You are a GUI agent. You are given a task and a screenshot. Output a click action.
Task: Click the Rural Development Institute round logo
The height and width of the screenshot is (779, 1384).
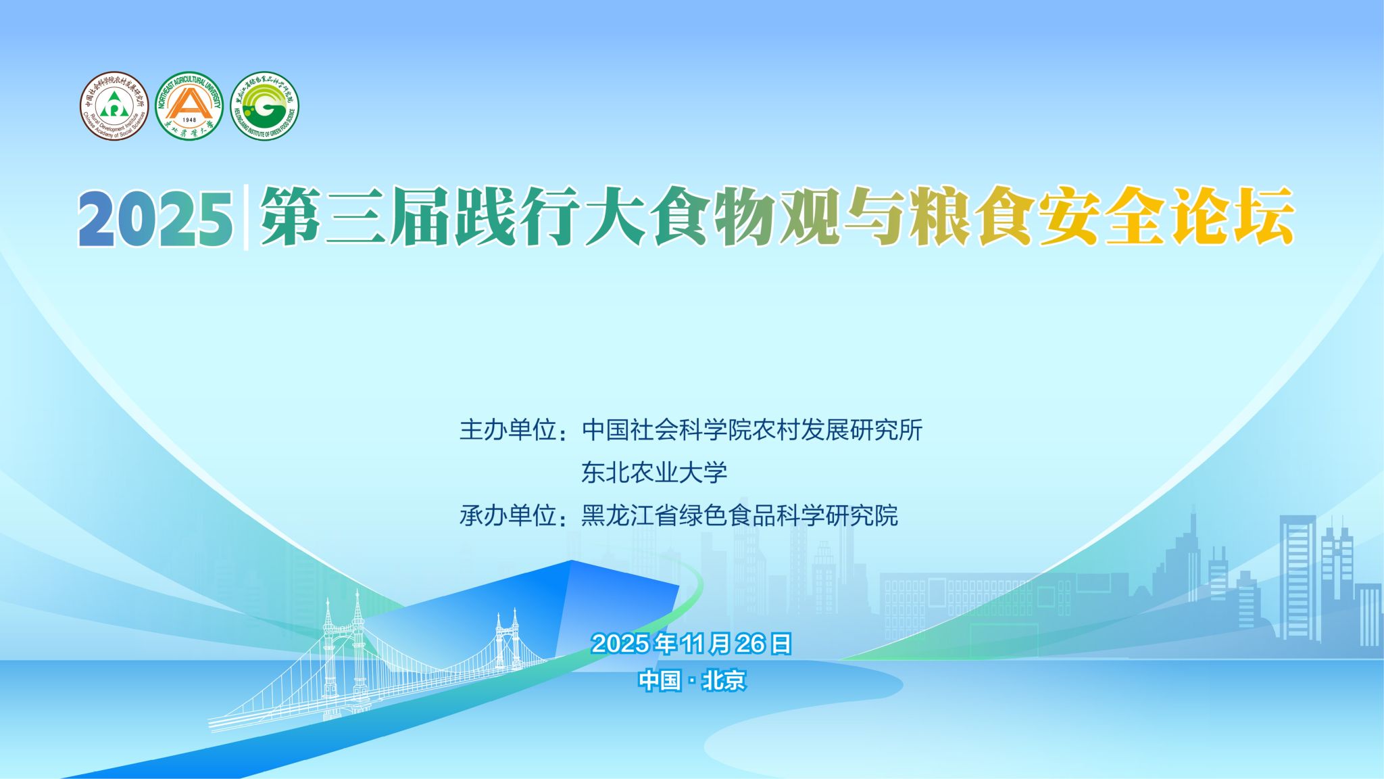point(114,106)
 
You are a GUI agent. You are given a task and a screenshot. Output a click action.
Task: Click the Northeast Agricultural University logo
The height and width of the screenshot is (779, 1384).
point(189,106)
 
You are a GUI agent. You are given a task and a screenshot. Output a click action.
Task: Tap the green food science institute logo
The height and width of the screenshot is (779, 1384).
point(264,106)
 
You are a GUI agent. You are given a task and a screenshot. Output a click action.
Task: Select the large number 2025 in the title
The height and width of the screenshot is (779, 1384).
point(155,218)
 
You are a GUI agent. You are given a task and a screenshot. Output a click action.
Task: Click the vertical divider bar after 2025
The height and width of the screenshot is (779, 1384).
point(245,217)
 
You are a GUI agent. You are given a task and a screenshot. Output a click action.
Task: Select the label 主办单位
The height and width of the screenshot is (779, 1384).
point(508,430)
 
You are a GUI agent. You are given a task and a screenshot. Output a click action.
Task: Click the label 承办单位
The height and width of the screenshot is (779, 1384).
point(508,516)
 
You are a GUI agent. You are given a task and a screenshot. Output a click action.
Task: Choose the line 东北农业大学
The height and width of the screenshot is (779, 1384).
point(654,473)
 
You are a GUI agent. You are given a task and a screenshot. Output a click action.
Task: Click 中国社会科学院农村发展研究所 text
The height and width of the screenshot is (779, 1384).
point(751,430)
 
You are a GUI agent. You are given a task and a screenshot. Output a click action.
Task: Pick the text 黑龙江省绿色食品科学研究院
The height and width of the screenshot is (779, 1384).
point(739,516)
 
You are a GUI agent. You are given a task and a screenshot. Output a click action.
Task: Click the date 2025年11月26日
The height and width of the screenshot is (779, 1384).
point(691,644)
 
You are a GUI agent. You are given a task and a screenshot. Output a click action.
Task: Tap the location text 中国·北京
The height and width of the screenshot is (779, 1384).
point(692,680)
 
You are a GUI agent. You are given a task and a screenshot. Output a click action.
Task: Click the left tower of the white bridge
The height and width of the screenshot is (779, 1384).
point(343,649)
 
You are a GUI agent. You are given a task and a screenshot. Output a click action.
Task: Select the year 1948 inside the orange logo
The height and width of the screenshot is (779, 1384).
point(189,120)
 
